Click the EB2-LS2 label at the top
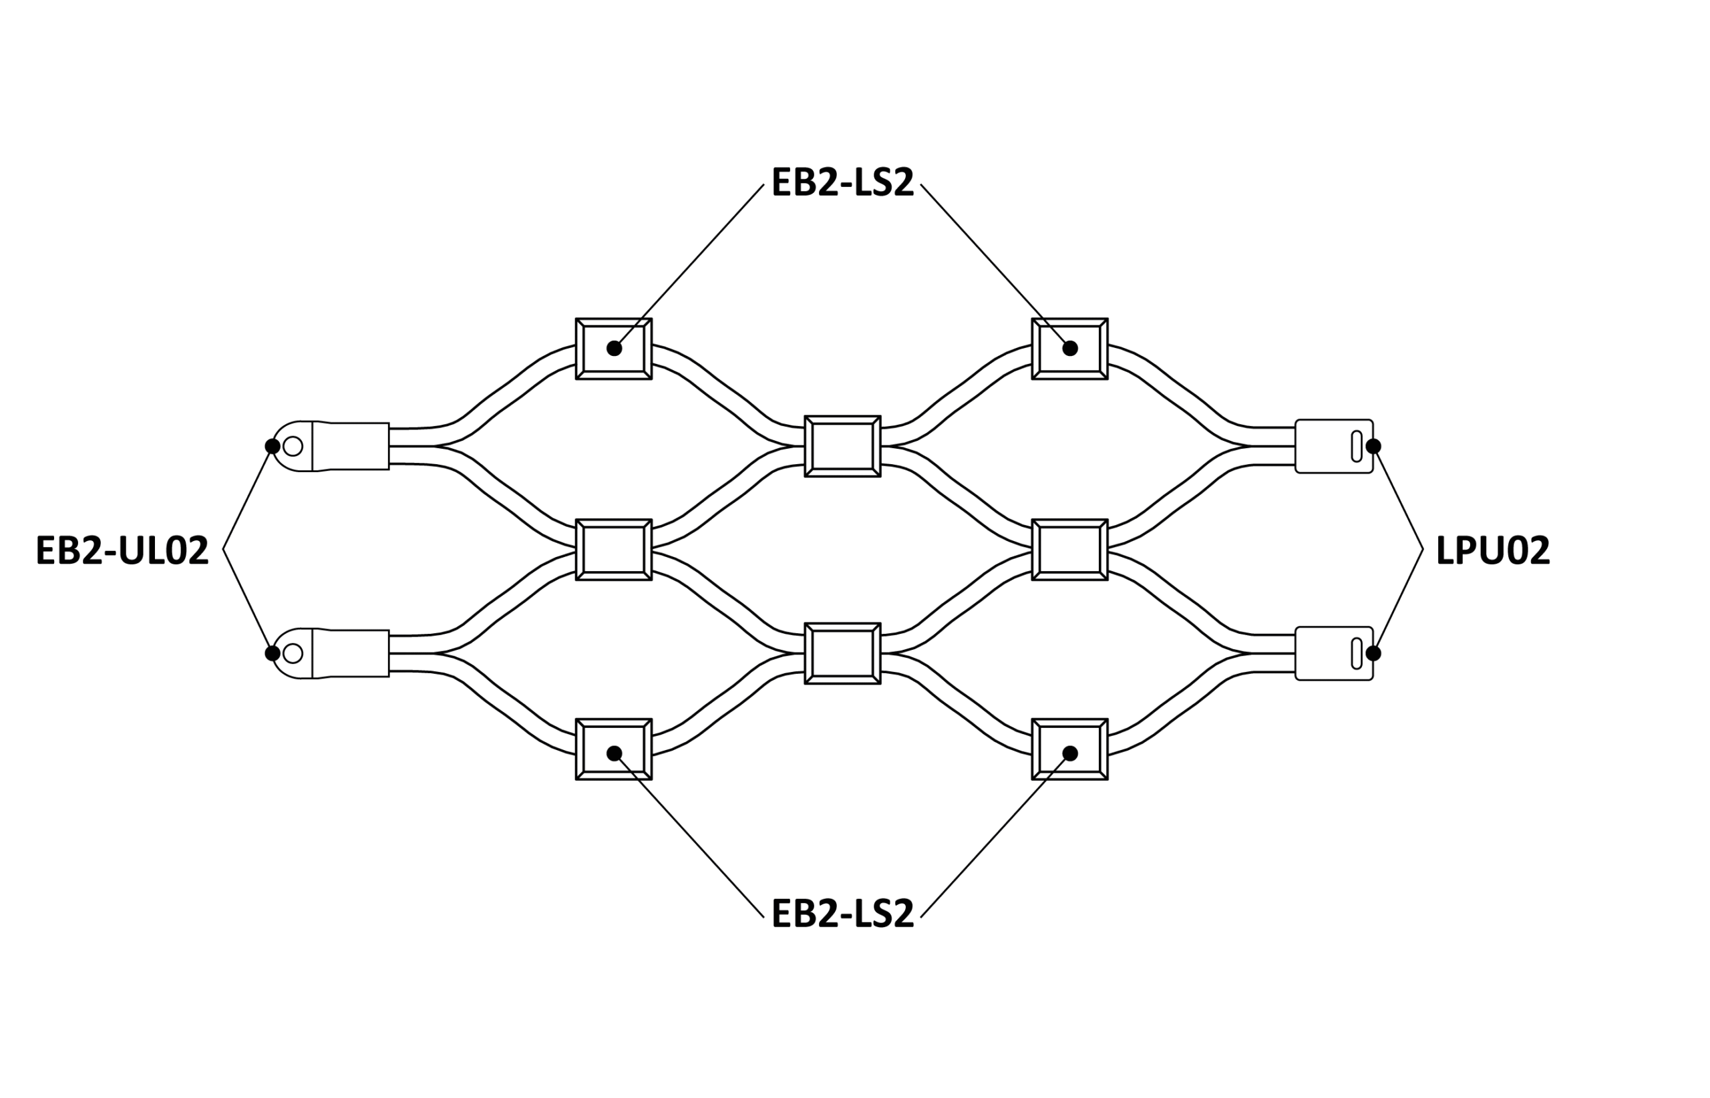point(842,182)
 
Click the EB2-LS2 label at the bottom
point(842,914)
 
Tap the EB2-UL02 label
point(122,550)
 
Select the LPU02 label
point(1492,550)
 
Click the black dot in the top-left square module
point(614,349)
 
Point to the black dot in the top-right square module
point(1069,349)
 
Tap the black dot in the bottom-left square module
point(614,753)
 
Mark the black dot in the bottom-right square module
point(1069,753)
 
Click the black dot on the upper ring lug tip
point(273,446)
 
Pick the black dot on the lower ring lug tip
point(273,653)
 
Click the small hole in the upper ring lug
point(293,446)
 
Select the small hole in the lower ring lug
point(293,653)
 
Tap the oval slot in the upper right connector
point(1356,446)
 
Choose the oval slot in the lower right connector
point(1356,653)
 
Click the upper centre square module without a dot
point(842,446)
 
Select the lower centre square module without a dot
point(842,653)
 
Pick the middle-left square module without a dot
point(614,550)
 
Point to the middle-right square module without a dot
point(1069,550)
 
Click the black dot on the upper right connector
point(1373,446)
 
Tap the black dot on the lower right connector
point(1373,653)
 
